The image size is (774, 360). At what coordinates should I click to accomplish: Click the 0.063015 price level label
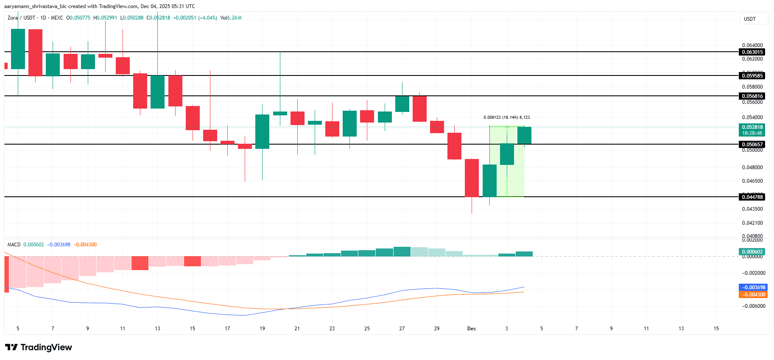point(752,52)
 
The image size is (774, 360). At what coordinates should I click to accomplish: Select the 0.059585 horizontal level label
point(752,76)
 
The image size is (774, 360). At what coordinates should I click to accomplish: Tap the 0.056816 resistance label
point(752,96)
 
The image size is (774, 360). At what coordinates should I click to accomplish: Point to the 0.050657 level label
point(752,145)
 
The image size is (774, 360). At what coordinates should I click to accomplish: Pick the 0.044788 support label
point(752,197)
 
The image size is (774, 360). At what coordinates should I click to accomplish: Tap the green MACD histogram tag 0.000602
point(752,252)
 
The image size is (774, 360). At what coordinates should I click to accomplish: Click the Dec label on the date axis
point(472,329)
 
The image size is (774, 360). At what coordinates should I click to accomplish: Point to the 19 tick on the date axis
point(262,329)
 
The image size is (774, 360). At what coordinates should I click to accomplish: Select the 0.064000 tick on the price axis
point(752,45)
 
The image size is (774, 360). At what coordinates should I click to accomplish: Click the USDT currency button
point(750,19)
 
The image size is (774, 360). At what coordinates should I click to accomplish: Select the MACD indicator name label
point(14,245)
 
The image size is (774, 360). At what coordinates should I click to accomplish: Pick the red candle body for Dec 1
point(472,178)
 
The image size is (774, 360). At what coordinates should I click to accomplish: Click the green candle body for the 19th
point(262,131)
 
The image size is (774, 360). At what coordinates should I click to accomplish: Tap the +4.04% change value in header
point(207,18)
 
